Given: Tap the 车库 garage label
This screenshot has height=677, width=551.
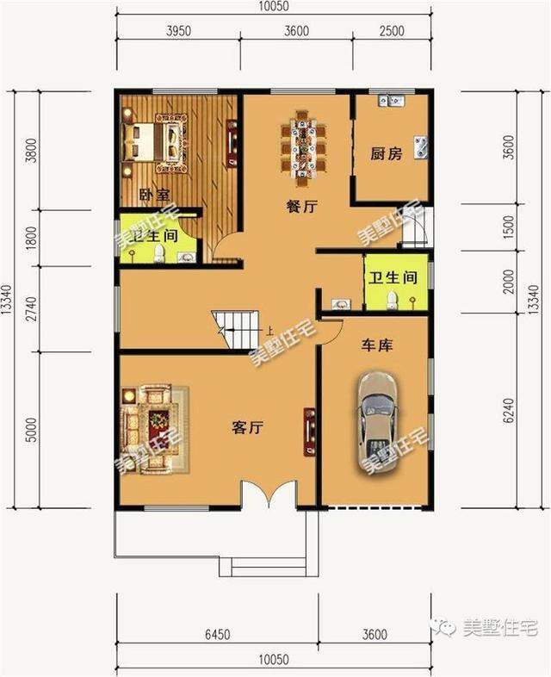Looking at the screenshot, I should click(375, 346).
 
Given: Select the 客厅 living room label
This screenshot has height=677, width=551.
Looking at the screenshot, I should click(247, 427).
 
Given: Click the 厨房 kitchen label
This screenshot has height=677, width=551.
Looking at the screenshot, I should click(387, 155).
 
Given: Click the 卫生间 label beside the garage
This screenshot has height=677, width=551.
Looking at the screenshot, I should click(393, 278).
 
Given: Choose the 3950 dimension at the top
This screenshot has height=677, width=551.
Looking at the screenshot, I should click(177, 33).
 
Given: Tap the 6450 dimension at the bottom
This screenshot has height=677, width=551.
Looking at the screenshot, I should click(216, 637).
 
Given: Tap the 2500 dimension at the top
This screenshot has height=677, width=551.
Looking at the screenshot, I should click(392, 33).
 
